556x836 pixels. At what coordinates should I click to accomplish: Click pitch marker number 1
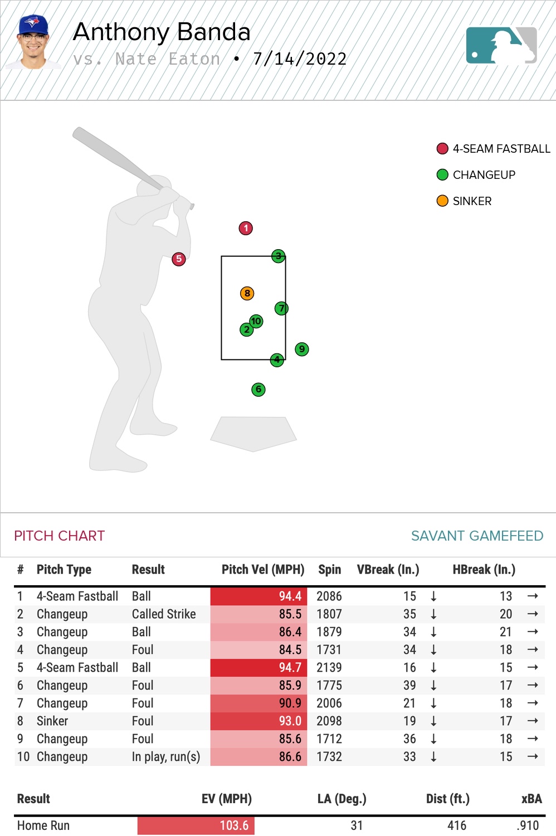coord(246,228)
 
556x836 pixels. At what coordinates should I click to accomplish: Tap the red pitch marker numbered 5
coord(178,259)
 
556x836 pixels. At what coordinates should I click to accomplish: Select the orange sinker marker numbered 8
coord(247,293)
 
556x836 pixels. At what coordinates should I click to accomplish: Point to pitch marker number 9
coord(301,349)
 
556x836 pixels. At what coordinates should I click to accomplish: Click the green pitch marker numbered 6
coord(258,390)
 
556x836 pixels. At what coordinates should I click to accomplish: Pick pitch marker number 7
coord(281,308)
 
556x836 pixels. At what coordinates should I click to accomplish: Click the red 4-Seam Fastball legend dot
coord(442,149)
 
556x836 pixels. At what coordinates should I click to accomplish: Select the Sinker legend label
coord(472,201)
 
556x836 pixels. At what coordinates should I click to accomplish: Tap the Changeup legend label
coord(484,175)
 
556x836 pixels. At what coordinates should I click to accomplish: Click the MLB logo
coord(501,46)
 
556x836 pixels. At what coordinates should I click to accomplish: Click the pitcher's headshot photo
coord(33,42)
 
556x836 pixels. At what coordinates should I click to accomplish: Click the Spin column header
coord(329,570)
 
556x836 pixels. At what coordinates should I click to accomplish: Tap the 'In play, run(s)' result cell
coord(165,757)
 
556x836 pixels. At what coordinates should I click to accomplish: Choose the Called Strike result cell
coord(164,614)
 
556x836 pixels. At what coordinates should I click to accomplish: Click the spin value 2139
coord(329,668)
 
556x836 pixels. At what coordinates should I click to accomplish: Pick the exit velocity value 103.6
coord(234,825)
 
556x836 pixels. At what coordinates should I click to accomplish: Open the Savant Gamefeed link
coord(477,536)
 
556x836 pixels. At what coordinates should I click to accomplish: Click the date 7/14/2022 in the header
coord(300,59)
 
